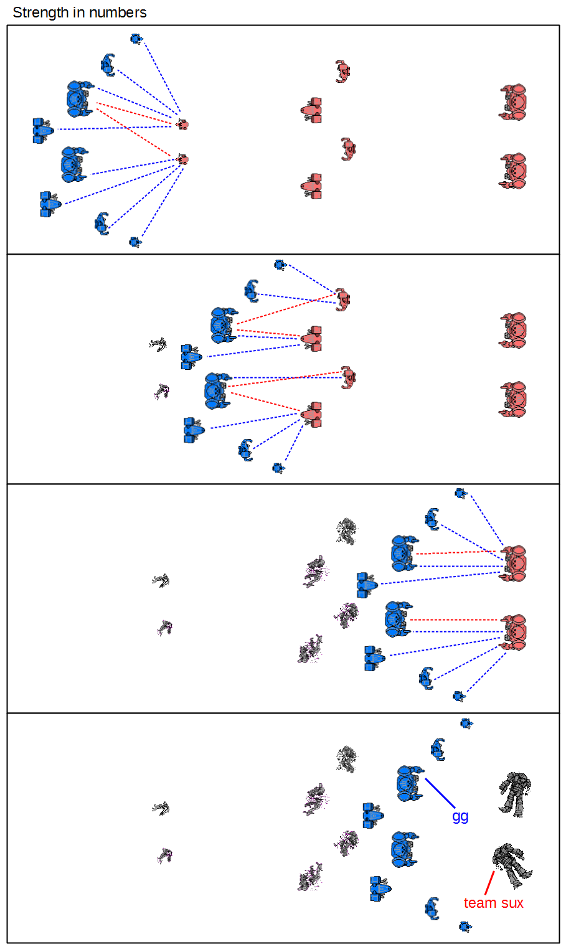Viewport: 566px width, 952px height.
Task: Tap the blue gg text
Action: point(460,816)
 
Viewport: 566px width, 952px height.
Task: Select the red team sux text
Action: point(493,903)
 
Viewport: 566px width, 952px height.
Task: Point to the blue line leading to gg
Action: point(441,793)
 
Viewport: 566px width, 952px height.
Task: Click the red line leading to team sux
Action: point(489,883)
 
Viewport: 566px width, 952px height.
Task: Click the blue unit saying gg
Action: point(409,783)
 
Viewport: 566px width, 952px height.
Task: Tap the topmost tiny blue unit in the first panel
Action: point(136,39)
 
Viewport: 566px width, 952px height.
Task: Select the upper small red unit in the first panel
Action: point(182,125)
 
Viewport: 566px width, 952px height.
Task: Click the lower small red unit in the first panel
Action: point(182,159)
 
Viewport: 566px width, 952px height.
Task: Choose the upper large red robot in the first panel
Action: point(514,102)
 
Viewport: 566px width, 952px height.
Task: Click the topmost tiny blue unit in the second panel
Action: point(280,265)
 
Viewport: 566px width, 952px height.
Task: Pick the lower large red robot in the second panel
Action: point(514,399)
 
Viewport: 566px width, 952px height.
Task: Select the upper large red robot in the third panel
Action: point(514,563)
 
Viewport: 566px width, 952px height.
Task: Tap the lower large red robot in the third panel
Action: point(514,632)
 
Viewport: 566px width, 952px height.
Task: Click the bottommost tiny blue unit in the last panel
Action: point(465,926)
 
